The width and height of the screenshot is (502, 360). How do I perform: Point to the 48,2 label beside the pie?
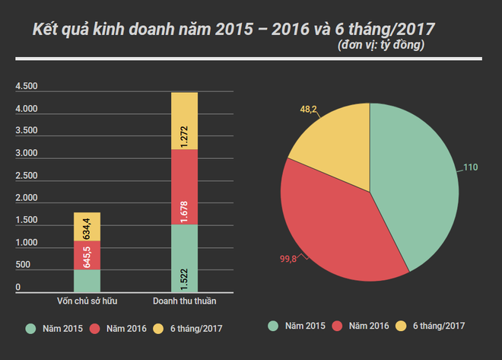[309, 109]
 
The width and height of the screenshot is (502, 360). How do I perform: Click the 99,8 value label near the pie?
[288, 260]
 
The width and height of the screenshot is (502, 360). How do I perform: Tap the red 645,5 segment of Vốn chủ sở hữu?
[87, 255]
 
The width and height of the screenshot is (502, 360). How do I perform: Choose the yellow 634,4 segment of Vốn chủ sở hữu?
[87, 227]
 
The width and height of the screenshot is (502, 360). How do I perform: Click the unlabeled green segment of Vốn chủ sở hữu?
[87, 281]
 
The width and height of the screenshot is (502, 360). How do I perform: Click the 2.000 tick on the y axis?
[27, 198]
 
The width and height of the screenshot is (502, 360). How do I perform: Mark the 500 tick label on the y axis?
[23, 265]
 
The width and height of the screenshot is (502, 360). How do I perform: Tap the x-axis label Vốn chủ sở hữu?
[87, 301]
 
